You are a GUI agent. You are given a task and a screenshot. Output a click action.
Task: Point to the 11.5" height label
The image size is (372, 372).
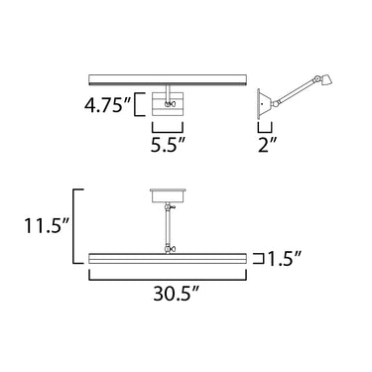[x=47, y=225]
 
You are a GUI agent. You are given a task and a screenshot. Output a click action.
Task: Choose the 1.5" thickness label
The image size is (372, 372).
[x=285, y=259]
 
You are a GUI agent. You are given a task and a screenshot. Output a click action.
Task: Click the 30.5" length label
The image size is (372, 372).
[x=177, y=293]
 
